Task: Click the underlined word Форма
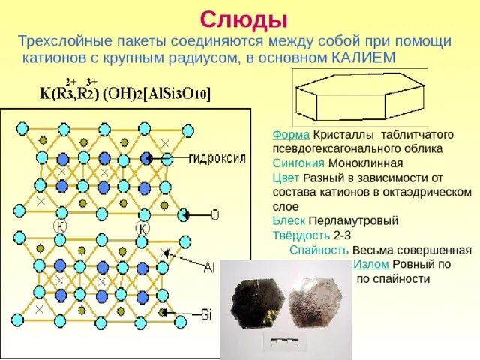291,135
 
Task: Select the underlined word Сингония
298,163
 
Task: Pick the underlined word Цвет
286,178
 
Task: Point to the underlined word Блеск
289,220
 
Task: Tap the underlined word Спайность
319,250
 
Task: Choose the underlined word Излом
370,264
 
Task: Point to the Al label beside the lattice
209,267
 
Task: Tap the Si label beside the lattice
207,314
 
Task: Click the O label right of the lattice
214,215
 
